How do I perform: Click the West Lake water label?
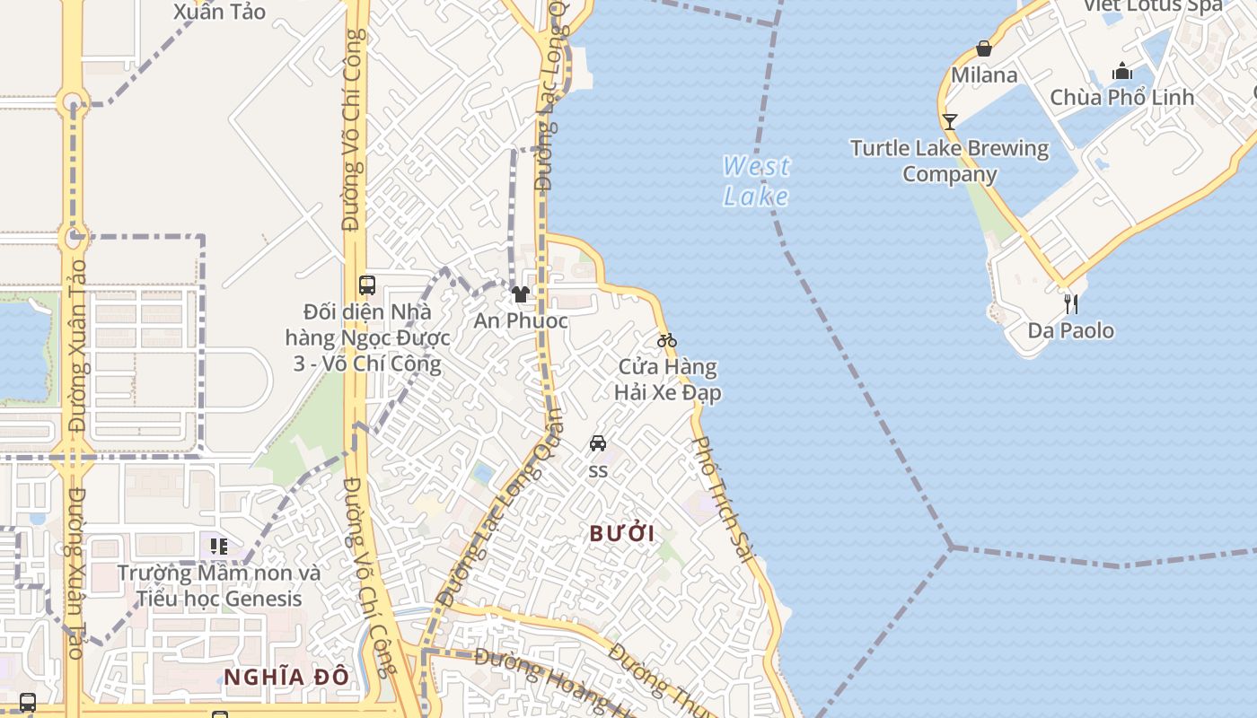coord(756,180)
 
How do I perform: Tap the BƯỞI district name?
coord(621,533)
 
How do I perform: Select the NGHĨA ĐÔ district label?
coord(286,677)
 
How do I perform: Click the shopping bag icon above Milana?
coord(984,48)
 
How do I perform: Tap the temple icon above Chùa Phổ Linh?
coord(1122,72)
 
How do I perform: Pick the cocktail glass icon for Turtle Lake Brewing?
coord(949,121)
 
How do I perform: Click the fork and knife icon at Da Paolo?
coord(1070,303)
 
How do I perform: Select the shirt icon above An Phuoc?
coord(520,293)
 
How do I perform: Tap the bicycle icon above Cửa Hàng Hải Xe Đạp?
coord(666,340)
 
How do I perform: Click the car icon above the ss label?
coord(598,442)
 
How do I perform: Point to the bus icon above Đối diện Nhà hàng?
coord(366,285)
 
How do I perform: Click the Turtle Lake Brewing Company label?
coord(949,161)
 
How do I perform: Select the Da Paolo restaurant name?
coord(1070,330)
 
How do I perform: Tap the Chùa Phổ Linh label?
coord(1121,97)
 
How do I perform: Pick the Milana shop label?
coord(984,74)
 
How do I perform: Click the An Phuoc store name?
coord(521,320)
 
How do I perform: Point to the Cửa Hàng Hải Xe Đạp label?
coord(667,380)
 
